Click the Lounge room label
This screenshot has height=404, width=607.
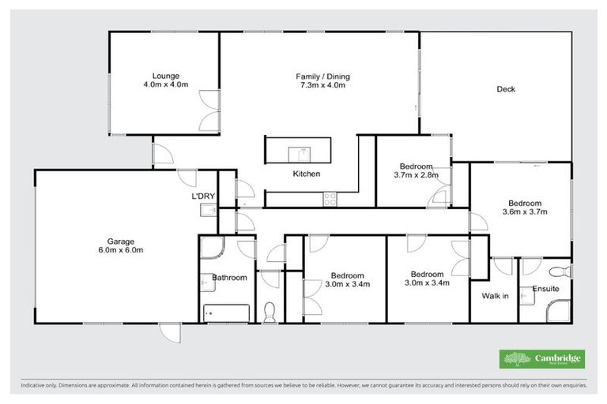point(165,75)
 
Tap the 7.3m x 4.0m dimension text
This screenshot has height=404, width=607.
point(322,85)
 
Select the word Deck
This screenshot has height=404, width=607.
point(506,89)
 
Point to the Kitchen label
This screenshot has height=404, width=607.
point(306,174)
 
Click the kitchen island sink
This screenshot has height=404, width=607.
point(300,151)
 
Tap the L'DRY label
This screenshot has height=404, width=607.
point(203,196)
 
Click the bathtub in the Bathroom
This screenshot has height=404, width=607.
point(226,313)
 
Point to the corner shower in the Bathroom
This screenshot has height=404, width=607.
point(209,249)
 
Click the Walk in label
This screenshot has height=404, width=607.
point(495,297)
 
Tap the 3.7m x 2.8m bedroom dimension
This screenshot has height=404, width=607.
point(416,176)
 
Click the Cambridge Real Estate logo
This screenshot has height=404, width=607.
point(542,358)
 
